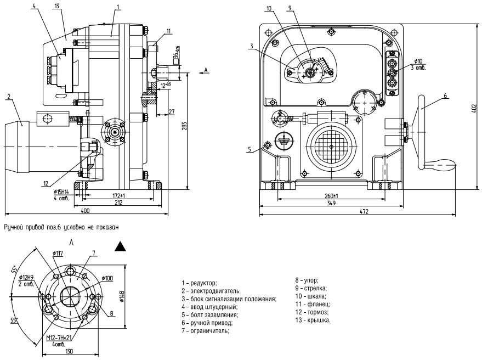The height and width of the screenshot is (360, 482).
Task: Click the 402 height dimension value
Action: pos(474,108)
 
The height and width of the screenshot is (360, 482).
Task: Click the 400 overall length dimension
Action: pos(85,211)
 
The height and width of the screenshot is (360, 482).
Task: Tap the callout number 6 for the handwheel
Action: pos(445,95)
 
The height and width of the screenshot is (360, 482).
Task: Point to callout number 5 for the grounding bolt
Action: pos(249,149)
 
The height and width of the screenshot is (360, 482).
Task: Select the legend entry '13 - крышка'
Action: pos(313,320)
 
